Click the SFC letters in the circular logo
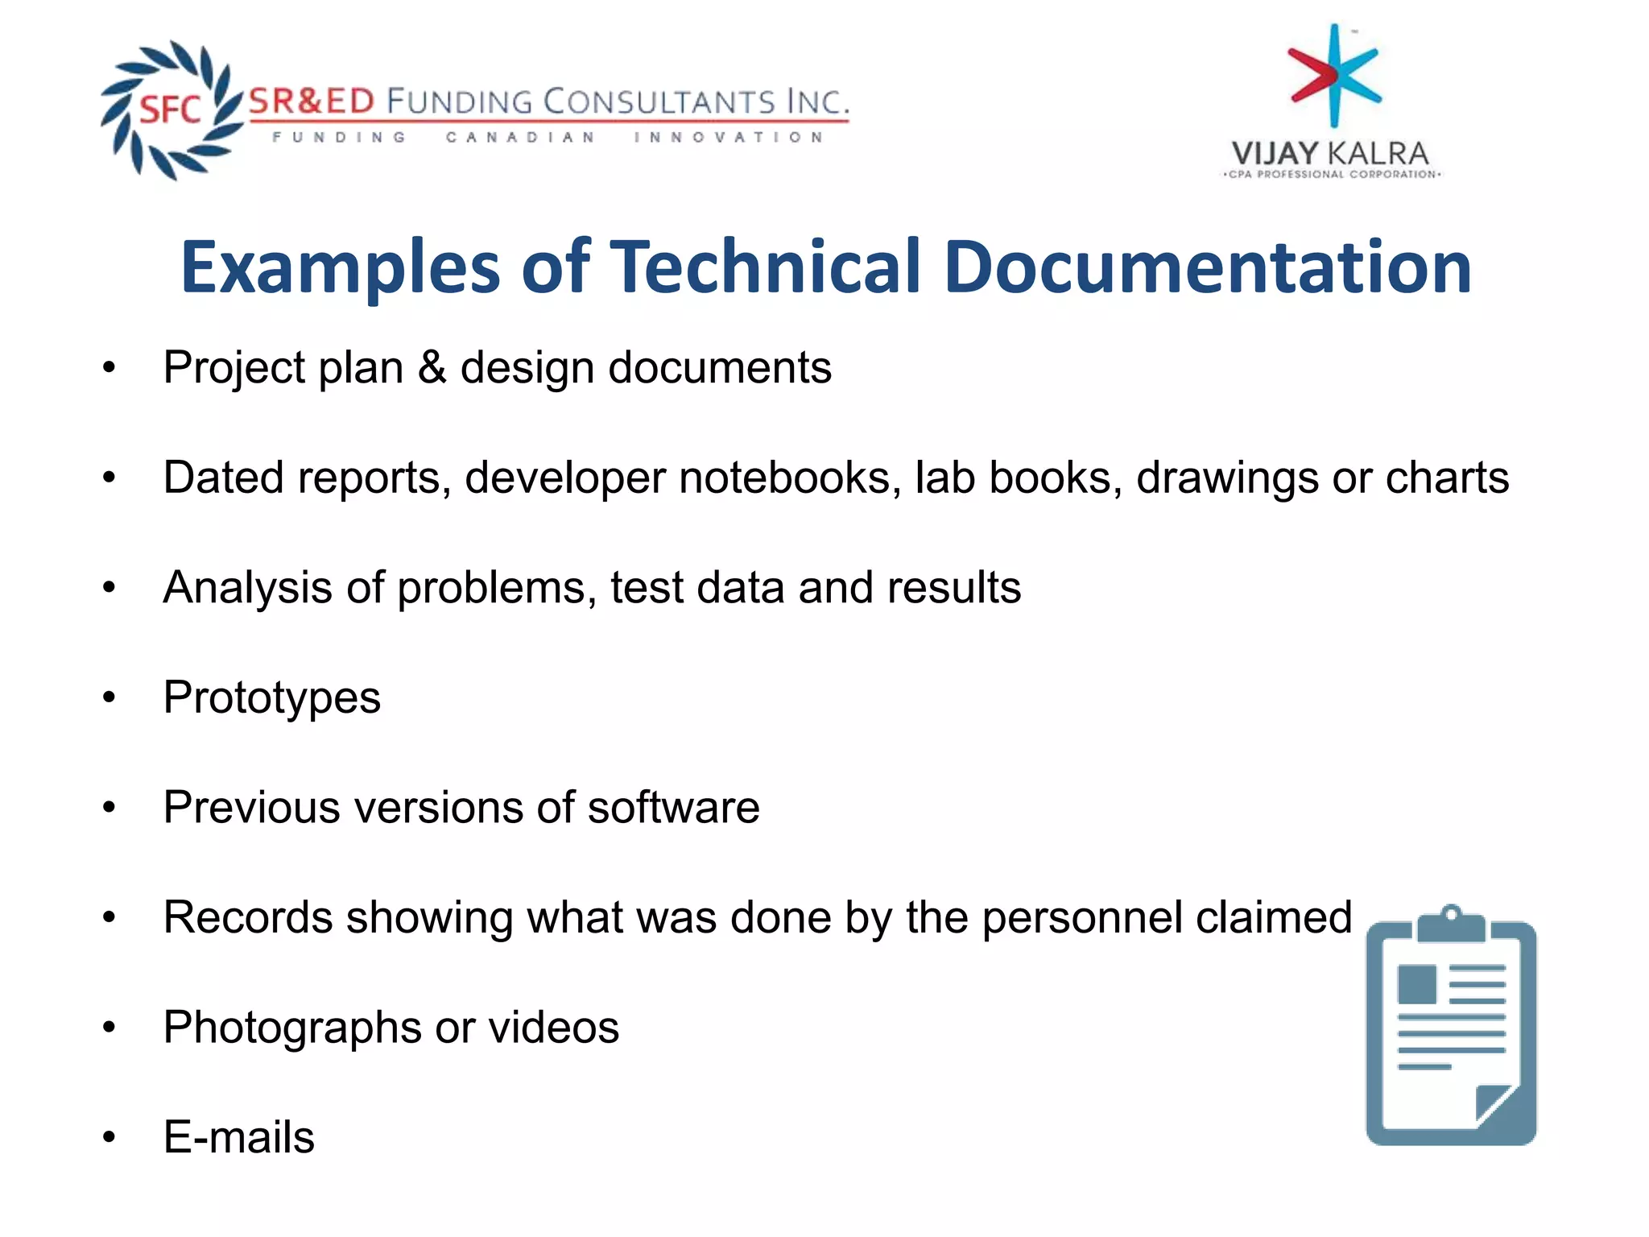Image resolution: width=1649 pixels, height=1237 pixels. pos(170,109)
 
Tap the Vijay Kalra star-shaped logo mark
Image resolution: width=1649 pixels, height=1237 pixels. pos(1334,76)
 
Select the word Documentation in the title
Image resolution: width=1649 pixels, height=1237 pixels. pos(1208,267)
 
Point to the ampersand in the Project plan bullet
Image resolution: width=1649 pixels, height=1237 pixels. pos(432,368)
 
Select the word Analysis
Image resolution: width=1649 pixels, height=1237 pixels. pos(248,588)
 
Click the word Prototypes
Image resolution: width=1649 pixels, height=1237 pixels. pos(272,698)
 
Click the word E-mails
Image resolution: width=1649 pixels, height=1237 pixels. pos(239,1137)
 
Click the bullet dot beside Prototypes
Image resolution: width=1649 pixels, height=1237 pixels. pos(110,698)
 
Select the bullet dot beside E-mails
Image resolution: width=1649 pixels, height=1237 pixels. pos(110,1138)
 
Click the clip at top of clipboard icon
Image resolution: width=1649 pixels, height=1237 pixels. pos(1451,922)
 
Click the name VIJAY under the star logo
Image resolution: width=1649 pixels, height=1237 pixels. pos(1274,153)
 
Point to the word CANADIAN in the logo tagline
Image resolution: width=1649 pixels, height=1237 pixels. pos(521,138)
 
